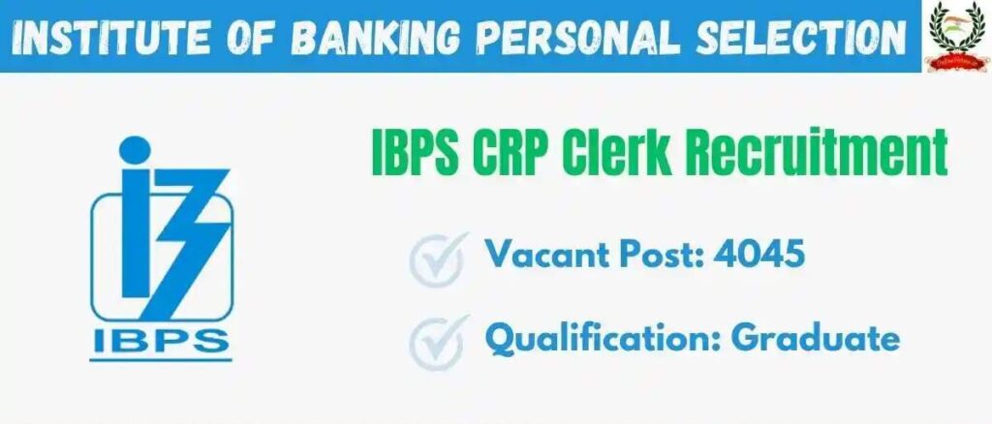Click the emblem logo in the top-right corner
pos(956,36)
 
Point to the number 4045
pos(759,255)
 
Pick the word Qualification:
pos(603,338)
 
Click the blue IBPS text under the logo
pos(161,340)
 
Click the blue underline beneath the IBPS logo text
pos(161,360)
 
